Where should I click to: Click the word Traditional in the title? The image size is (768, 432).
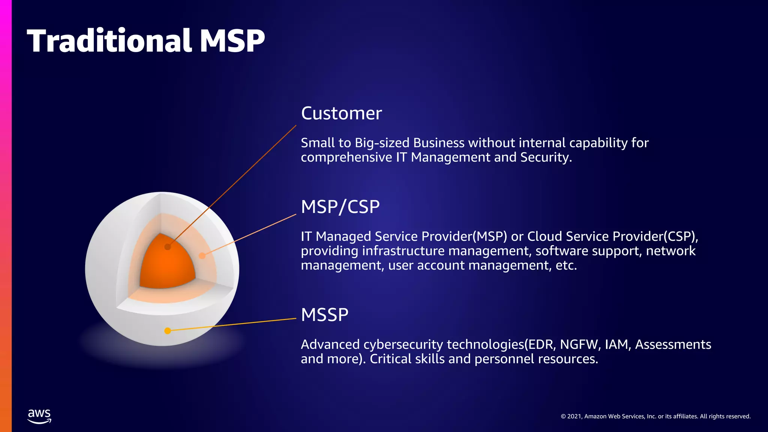109,40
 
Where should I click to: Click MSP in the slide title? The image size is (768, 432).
232,40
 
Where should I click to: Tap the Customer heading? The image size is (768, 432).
341,113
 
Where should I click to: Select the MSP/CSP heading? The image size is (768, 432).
340,207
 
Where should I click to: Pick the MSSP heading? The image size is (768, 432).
324,315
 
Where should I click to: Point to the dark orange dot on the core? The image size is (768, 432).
168,247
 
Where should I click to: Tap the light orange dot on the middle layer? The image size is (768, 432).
202,256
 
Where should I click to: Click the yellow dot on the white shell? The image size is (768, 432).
168,331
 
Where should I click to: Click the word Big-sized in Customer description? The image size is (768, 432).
382,143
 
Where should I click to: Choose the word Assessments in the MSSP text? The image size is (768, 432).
673,344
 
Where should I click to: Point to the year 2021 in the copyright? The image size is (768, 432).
574,416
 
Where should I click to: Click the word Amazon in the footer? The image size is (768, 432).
595,416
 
